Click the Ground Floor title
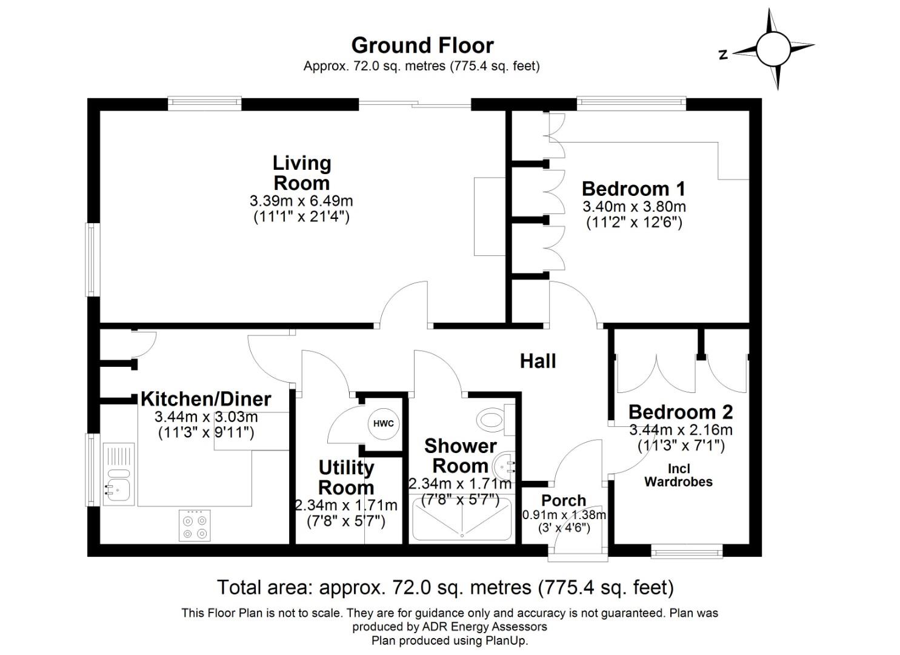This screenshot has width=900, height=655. tap(422, 45)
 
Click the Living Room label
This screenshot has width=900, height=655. tap(301, 173)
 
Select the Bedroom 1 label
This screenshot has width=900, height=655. tap(633, 188)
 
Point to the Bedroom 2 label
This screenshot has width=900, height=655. tap(681, 412)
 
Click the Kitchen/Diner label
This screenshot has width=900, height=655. tap(205, 399)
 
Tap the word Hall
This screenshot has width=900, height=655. tap(538, 361)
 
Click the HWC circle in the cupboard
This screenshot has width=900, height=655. tap(383, 423)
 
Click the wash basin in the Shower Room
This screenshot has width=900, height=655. tap(505, 466)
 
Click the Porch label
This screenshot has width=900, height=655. tap(564, 501)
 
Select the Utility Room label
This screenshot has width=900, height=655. tap(346, 477)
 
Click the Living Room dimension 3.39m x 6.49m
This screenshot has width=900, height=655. tap(301, 201)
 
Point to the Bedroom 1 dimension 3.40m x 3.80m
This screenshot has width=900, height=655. tap(634, 207)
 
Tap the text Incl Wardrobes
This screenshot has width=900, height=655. tap(678, 475)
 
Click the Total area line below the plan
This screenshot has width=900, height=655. tap(445, 587)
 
